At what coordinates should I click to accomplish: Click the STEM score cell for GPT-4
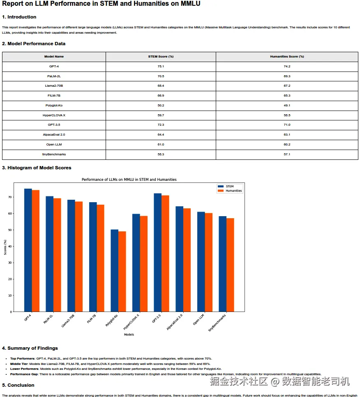[x=161, y=67]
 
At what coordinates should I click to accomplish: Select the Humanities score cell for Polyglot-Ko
[x=286, y=106]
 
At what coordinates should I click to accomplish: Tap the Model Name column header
[x=54, y=57]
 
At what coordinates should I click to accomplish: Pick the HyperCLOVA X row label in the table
[x=54, y=115]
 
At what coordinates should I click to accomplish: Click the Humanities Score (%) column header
[x=286, y=57]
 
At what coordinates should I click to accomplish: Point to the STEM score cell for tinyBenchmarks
[x=161, y=155]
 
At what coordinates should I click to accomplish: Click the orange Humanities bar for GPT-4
[x=36, y=251]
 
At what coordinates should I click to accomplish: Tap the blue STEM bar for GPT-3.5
[x=158, y=252]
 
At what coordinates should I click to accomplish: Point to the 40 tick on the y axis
[x=10, y=247]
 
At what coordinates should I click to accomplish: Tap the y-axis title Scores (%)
[x=5, y=247]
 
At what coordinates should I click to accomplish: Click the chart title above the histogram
[x=129, y=180]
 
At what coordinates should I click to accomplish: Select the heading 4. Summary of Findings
[x=30, y=349]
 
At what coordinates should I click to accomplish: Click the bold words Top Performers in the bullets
[x=23, y=359]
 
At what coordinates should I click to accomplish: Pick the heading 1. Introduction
[x=19, y=17]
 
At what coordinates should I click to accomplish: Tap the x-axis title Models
[x=129, y=335]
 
